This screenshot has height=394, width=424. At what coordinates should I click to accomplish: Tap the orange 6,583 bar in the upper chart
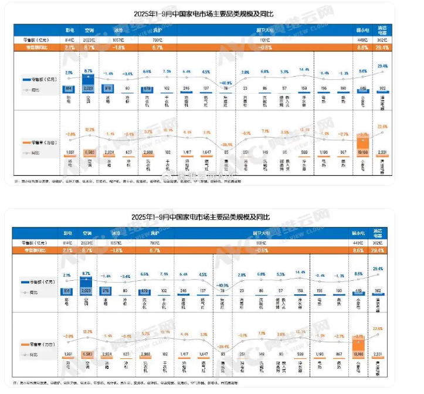pyautogui.click(x=89, y=152)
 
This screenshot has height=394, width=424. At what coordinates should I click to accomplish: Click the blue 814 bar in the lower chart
pyautogui.click(x=70, y=290)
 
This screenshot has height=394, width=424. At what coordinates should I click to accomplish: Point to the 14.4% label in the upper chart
pyautogui.click(x=304, y=69)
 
